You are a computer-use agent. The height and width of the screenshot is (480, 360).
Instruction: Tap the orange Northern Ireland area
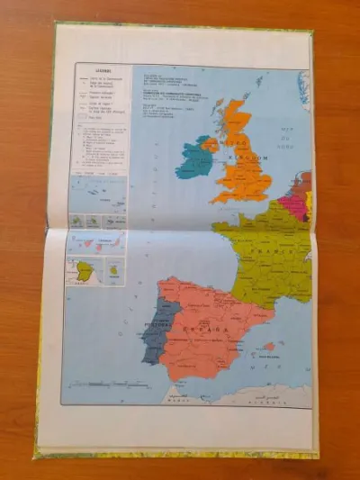[x=210, y=143]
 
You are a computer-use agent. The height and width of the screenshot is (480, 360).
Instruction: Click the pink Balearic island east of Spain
[x=269, y=346]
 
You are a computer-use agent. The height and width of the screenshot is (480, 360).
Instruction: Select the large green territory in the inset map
[x=85, y=270]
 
